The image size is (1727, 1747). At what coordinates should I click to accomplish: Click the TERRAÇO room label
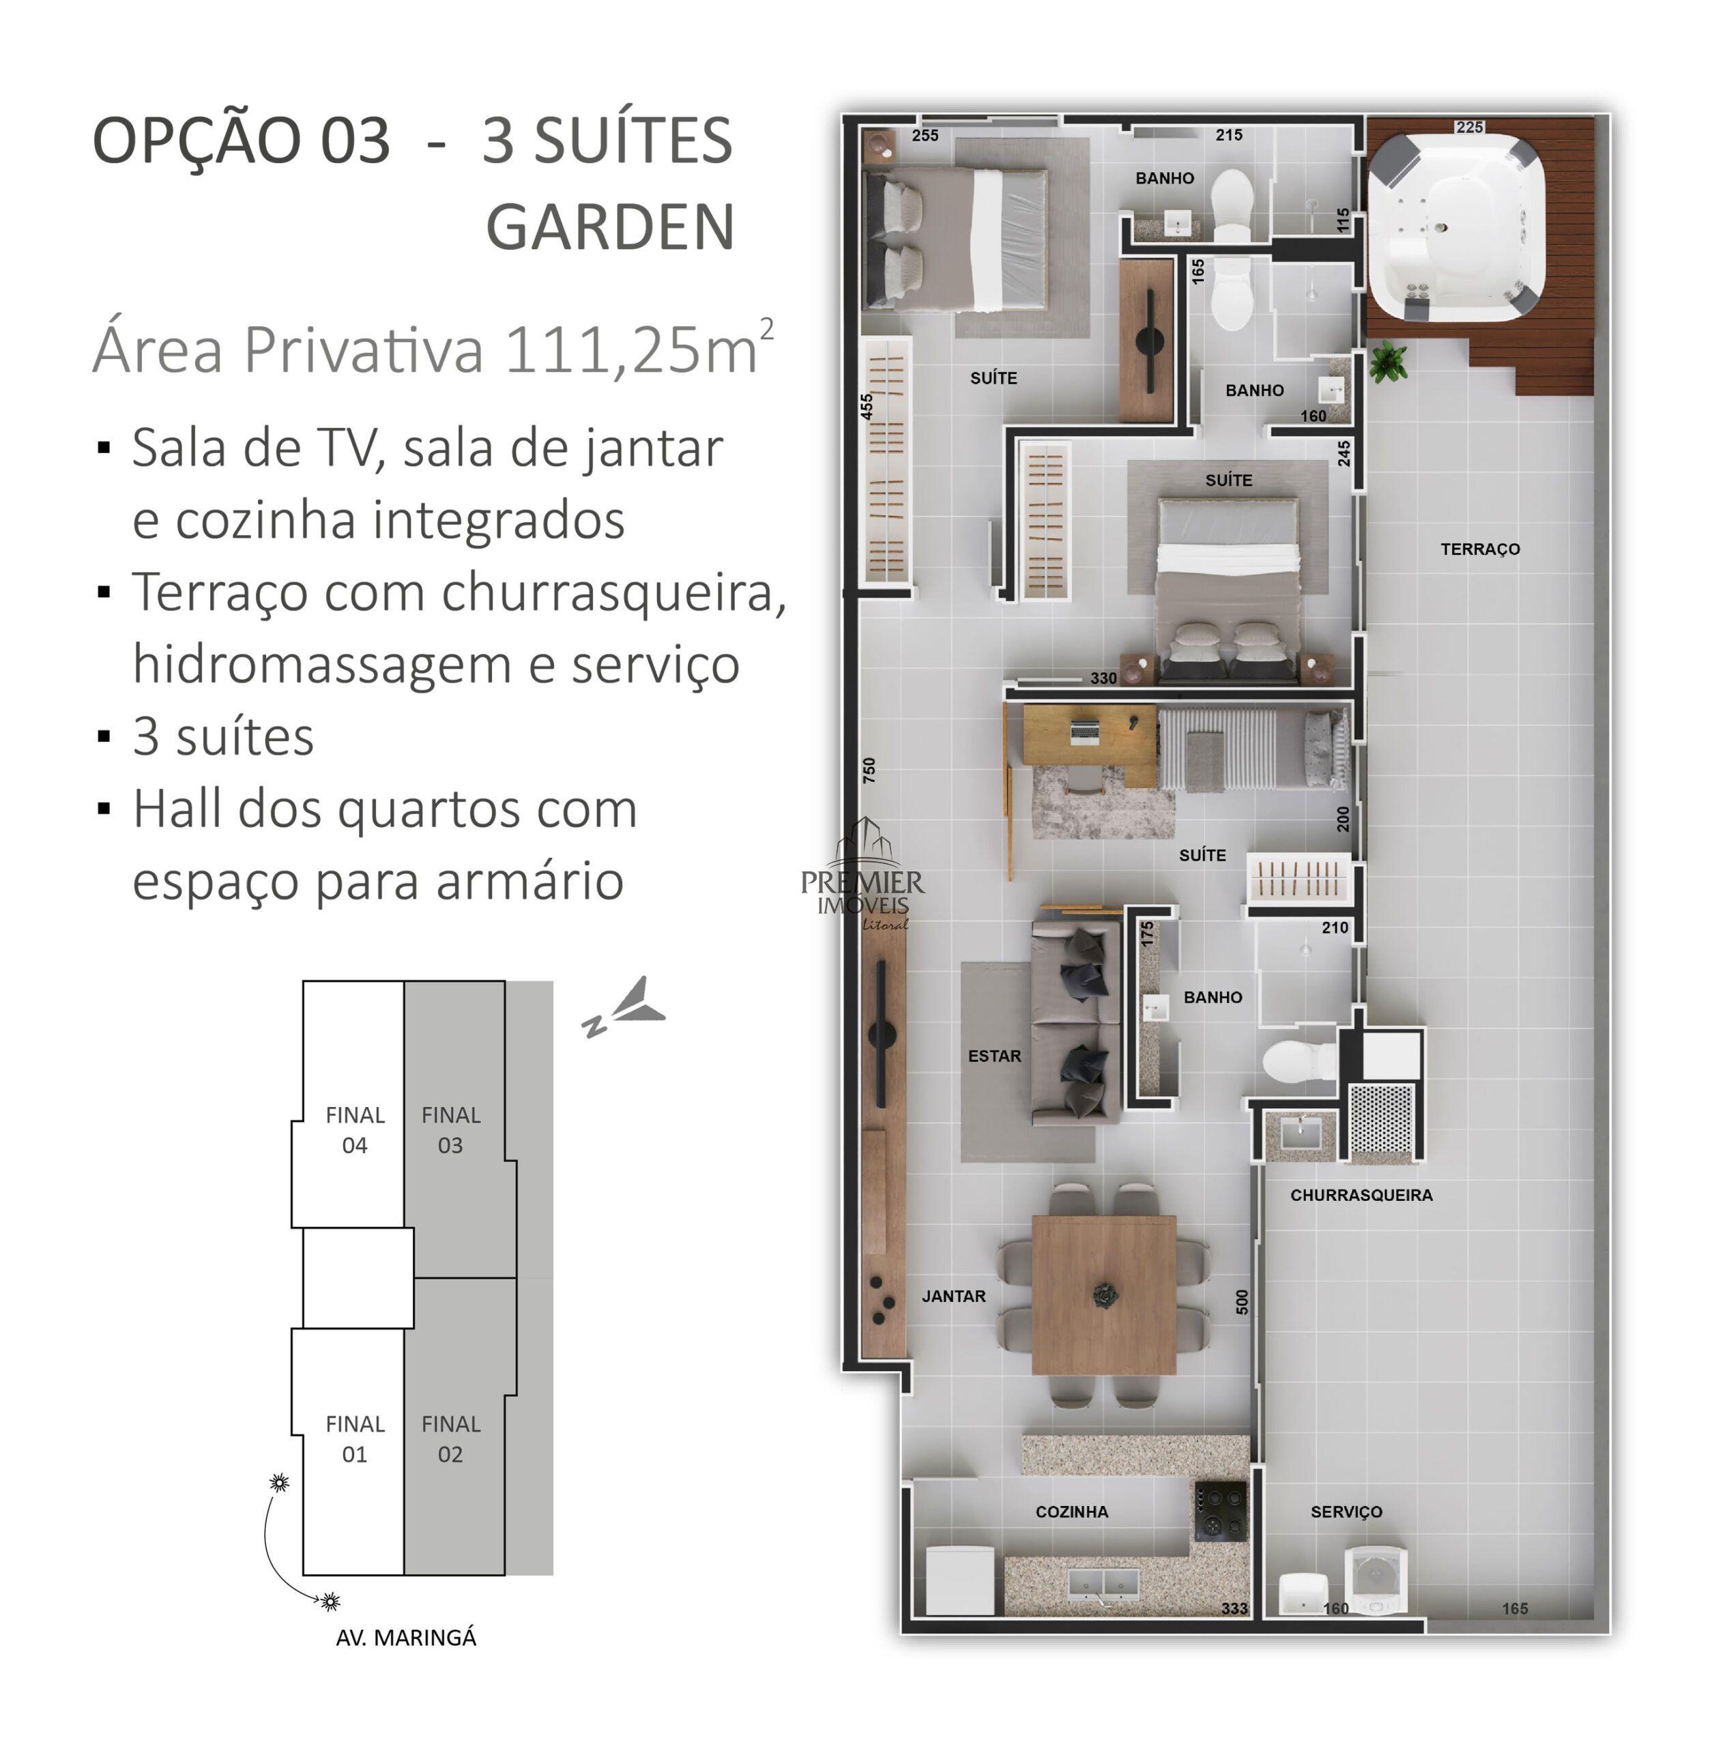(x=1479, y=549)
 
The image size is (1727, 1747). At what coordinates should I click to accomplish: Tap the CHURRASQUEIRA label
(x=1361, y=1196)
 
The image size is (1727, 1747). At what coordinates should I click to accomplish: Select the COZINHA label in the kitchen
(x=1071, y=1512)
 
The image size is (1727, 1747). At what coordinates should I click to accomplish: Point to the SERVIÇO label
(x=1346, y=1512)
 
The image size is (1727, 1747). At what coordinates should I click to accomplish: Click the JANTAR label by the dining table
(x=954, y=1297)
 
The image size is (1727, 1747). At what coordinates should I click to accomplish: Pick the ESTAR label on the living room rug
(x=995, y=1056)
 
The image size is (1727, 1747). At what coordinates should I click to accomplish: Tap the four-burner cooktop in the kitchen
(x=1220, y=1510)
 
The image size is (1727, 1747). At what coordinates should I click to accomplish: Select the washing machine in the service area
(x=1376, y=1580)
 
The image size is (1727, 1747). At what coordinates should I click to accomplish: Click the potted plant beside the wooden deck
(x=1387, y=362)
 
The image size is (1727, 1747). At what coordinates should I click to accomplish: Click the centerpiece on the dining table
(x=1104, y=1297)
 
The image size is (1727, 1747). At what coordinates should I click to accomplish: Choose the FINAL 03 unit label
(x=450, y=1130)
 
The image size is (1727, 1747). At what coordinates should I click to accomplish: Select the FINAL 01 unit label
(x=354, y=1439)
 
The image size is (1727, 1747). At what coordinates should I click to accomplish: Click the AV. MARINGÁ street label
(x=406, y=1638)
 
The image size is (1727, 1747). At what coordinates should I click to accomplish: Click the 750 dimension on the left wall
(x=869, y=770)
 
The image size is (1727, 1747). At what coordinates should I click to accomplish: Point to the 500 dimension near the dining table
(x=1241, y=1301)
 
